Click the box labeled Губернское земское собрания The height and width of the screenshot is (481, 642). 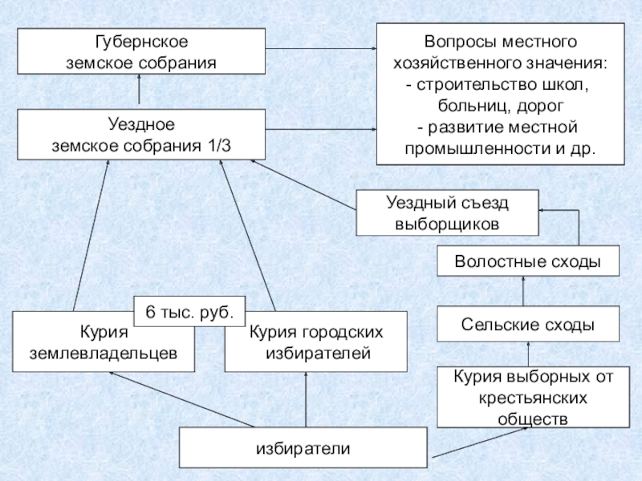coord(141,51)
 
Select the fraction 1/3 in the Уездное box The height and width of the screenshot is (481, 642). coord(219,146)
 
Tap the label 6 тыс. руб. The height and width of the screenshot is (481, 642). coord(189,312)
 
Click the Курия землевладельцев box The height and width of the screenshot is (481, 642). coord(104,342)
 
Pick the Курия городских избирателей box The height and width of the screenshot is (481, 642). coord(316,342)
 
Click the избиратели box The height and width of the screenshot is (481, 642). coord(303,448)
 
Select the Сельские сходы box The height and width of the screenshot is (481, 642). coord(528,324)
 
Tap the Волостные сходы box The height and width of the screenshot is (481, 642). coord(528,261)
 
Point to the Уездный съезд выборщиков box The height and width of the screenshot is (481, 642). coord(447,212)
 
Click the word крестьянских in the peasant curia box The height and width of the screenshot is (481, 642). coord(533,398)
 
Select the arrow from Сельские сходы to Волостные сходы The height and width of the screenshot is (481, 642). coord(523,291)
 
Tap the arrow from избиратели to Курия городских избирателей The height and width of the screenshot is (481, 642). coord(306,399)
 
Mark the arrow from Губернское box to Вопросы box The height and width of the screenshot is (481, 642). coord(321,48)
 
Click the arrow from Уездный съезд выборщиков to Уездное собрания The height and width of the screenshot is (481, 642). coord(303,185)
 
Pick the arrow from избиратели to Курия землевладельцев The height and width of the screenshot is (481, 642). coord(181,399)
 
